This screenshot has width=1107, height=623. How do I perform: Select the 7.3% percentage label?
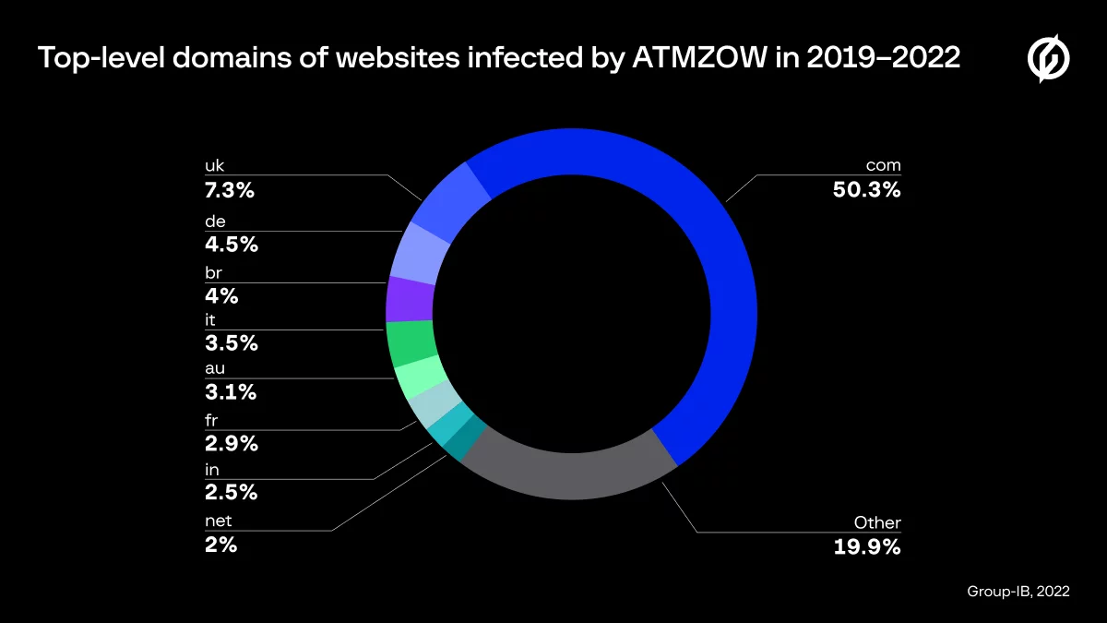click(x=230, y=190)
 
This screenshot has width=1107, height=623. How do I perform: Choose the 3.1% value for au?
click(x=230, y=392)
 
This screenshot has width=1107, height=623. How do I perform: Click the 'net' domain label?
click(x=218, y=521)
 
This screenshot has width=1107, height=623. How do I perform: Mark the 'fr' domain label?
click(x=211, y=420)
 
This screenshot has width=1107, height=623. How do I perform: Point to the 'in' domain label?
click(x=211, y=471)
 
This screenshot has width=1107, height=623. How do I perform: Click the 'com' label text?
click(x=883, y=166)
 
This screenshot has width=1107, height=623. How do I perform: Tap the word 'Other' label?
click(x=877, y=522)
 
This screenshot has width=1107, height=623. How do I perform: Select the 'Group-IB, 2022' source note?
click(x=1018, y=592)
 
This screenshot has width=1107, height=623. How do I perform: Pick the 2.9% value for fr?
click(x=231, y=443)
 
